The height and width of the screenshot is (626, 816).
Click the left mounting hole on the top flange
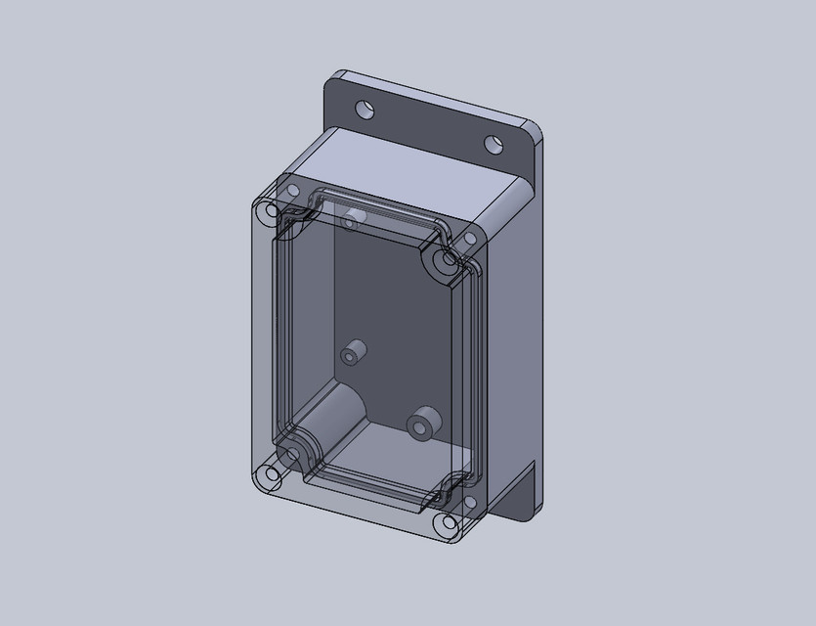[x=365, y=108]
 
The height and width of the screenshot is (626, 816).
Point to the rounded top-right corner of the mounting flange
[x=535, y=129]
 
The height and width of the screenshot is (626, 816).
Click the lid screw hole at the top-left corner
[x=289, y=190]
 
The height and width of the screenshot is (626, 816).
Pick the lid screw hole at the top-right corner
[x=469, y=238]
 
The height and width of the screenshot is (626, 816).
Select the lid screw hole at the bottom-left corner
[x=265, y=476]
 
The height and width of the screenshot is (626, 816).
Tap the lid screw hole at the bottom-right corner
[x=448, y=523]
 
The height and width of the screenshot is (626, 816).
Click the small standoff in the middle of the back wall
[x=353, y=352]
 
